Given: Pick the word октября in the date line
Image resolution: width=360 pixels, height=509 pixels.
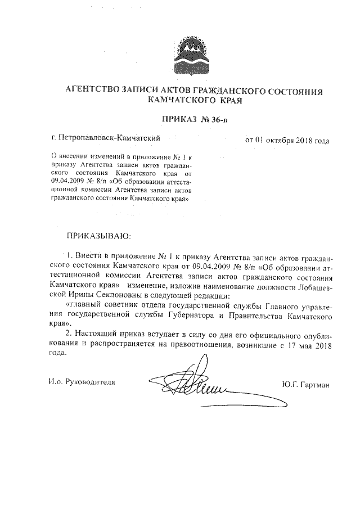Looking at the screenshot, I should (x=282, y=139).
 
